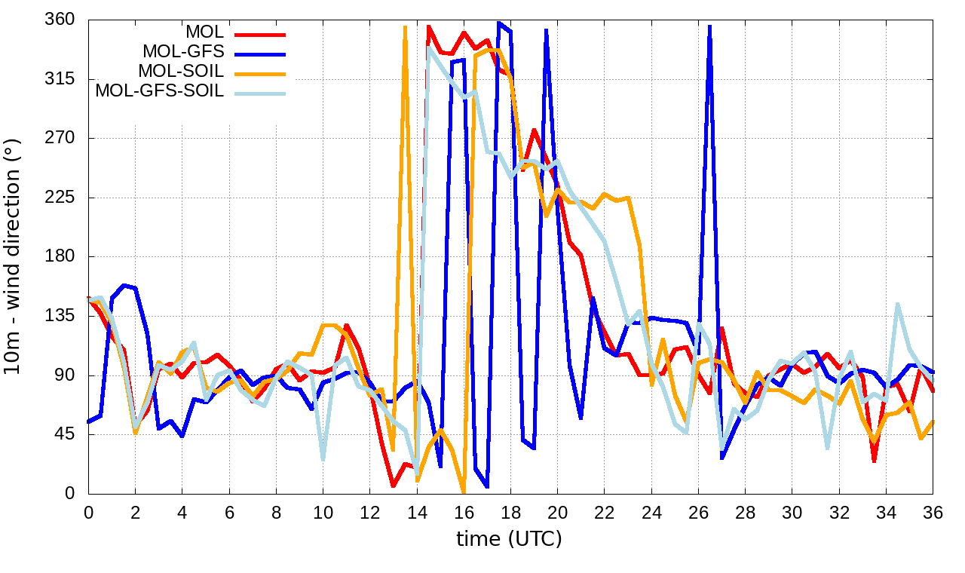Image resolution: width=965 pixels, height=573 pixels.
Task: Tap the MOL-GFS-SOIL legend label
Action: click(x=159, y=91)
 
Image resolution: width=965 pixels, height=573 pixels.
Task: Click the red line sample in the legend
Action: click(x=260, y=34)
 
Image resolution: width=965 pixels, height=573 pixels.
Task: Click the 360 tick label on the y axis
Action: click(x=60, y=20)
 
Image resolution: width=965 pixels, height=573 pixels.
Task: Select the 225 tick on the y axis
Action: click(x=60, y=198)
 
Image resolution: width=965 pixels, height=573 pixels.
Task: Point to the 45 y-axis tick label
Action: click(x=64, y=435)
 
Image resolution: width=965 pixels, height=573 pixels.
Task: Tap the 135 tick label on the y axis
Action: click(x=60, y=316)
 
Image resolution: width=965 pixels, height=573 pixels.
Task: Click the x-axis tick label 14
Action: click(x=417, y=511)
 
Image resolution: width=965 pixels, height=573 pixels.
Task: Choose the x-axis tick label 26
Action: click(x=698, y=511)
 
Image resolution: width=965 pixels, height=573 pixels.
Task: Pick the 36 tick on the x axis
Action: click(x=933, y=511)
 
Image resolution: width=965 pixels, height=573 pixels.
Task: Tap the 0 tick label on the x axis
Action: click(x=88, y=511)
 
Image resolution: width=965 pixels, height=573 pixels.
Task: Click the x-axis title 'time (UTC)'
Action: click(x=510, y=539)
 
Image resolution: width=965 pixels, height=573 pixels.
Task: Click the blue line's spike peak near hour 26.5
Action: click(x=709, y=26)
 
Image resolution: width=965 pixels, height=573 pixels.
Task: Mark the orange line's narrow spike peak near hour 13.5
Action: click(x=405, y=27)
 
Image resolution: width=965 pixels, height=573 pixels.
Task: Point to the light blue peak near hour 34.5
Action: click(x=898, y=304)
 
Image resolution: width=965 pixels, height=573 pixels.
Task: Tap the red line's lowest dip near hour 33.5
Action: click(x=875, y=461)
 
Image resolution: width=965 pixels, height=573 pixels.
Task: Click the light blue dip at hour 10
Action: click(x=323, y=459)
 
